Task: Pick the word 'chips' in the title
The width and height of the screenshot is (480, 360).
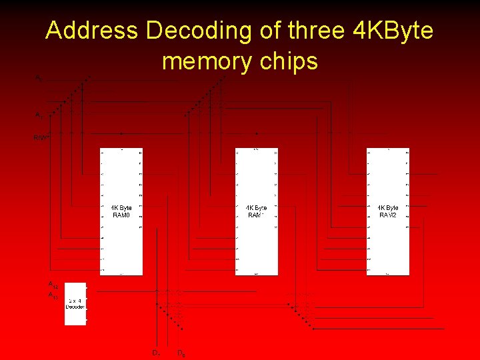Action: click(288, 61)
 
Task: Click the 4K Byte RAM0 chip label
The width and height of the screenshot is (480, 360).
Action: click(121, 211)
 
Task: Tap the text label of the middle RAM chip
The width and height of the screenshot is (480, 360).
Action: click(256, 211)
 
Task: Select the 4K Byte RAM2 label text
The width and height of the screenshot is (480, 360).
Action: click(388, 211)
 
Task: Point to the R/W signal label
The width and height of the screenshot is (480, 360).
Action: click(41, 138)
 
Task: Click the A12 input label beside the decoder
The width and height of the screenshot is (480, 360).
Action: click(53, 285)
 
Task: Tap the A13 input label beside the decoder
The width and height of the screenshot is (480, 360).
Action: click(53, 295)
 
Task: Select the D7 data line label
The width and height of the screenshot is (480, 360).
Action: click(155, 353)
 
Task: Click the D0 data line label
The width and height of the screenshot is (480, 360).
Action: click(181, 353)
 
